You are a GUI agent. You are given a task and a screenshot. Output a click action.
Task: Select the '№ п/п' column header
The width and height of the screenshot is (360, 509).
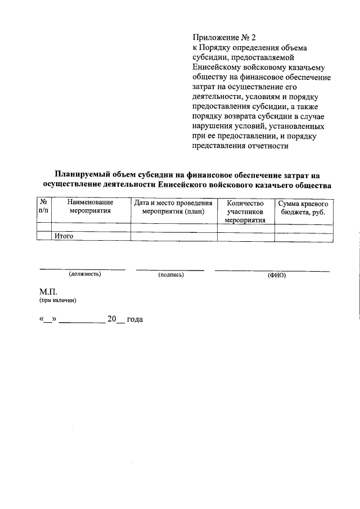pos(43,207)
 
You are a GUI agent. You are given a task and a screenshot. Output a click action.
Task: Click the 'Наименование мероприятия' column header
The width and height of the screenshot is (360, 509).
pos(90,207)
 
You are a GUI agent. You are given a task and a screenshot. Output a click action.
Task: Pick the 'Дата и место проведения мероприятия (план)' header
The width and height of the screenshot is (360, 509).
pos(173,207)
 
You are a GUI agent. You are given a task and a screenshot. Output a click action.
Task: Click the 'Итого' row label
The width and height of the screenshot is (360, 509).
pos(64,237)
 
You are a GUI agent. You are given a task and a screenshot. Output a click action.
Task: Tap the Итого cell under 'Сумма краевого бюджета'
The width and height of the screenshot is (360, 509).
pos(304,237)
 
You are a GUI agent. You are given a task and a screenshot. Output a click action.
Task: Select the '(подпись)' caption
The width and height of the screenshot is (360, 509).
pos(172,274)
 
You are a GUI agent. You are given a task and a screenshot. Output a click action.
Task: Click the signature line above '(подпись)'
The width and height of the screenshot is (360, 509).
pos(172,269)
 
